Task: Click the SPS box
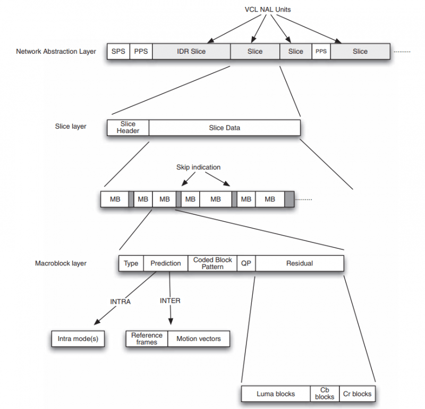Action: (x=118, y=51)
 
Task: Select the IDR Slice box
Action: (x=191, y=51)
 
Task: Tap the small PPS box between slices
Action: (x=321, y=51)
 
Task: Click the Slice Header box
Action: (x=128, y=128)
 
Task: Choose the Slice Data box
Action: (x=225, y=128)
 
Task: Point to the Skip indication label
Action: (x=198, y=167)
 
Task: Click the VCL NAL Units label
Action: (x=268, y=10)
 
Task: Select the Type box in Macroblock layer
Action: (x=131, y=263)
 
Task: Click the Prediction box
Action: (x=166, y=263)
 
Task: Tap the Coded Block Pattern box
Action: (x=212, y=263)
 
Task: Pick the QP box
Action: (x=246, y=263)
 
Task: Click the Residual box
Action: (x=300, y=263)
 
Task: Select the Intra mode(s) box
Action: (x=78, y=339)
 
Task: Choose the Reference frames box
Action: (x=147, y=339)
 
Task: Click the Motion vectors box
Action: (x=199, y=339)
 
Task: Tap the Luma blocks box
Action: (x=276, y=394)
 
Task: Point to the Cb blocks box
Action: (x=325, y=394)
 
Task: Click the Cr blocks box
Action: (x=357, y=394)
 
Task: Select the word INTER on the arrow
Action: (x=170, y=301)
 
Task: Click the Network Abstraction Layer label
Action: (x=56, y=51)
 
